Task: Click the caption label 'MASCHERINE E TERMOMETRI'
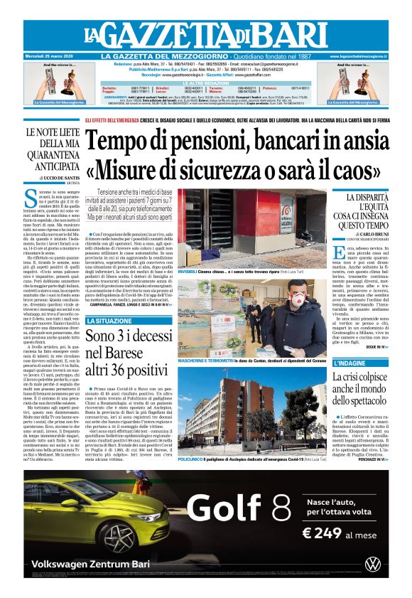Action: click(206, 361)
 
